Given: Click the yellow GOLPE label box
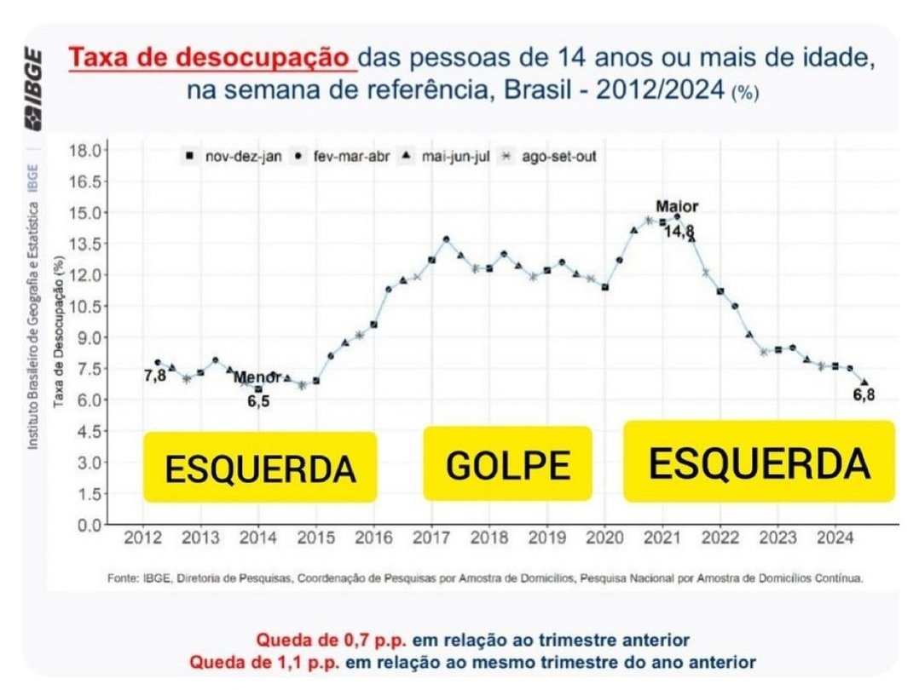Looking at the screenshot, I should [x=507, y=463].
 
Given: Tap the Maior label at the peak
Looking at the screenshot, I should [x=677, y=207].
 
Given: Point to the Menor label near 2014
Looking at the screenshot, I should [x=257, y=377].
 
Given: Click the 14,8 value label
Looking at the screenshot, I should [x=679, y=231].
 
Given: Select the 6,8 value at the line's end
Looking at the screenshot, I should [x=864, y=394].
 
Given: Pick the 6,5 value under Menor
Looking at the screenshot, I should [x=259, y=400].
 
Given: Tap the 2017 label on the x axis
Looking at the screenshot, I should [x=431, y=538].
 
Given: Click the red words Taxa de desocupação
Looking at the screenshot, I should [x=210, y=60].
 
